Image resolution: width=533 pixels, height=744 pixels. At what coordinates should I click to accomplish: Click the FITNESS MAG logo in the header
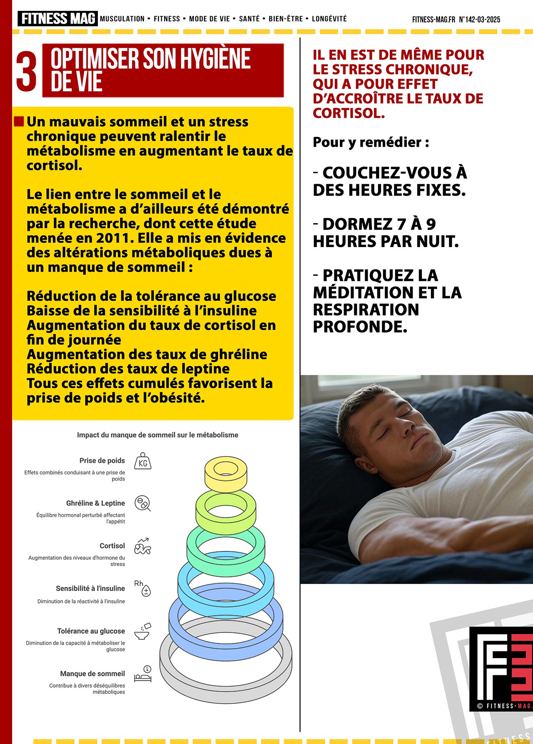[57, 19]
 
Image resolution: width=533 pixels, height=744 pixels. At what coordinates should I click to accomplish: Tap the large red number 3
[26, 71]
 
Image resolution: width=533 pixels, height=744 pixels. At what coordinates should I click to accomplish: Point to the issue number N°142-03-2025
[479, 20]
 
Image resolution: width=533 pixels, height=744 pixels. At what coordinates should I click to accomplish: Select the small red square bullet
[19, 122]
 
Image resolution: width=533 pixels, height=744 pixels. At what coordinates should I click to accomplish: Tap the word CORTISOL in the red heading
[349, 113]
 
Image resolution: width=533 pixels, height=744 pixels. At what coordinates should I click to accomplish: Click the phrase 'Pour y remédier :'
[371, 142]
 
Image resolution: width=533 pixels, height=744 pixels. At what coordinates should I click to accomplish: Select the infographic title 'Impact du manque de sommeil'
[157, 435]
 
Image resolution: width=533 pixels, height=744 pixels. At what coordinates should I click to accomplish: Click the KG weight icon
[143, 462]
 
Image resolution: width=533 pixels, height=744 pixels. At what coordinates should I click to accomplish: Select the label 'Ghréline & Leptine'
[95, 503]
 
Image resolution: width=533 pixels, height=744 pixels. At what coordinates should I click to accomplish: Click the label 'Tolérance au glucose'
[91, 631]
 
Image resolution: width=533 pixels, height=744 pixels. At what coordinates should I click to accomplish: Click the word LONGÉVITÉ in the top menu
[329, 19]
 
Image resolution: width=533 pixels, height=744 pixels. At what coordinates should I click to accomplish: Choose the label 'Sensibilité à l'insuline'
[90, 589]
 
